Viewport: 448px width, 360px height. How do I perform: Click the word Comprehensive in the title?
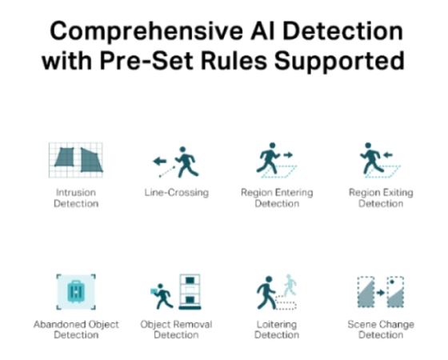pos(146,32)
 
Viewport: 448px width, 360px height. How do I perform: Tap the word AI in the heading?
pos(262,31)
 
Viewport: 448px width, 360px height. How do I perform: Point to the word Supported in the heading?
pos(339,62)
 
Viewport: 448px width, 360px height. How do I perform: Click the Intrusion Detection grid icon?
pos(76,160)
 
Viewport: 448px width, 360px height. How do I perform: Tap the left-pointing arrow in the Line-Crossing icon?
pos(160,161)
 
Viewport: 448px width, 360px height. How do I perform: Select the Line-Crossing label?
pos(177,193)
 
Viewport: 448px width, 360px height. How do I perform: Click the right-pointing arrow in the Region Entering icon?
pos(288,155)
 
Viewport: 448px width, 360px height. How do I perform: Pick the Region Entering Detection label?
pos(277,198)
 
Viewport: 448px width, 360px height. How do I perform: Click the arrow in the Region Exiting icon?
pos(388,155)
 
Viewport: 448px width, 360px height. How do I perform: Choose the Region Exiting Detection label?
pos(381,198)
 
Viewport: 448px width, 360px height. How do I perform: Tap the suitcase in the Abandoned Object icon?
pos(76,292)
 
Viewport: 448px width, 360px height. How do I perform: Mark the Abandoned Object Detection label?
pos(76,330)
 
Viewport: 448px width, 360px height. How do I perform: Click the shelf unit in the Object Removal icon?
pos(190,292)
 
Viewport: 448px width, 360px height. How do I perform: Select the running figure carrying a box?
pos(162,296)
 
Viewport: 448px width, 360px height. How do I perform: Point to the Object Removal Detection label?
pos(176,330)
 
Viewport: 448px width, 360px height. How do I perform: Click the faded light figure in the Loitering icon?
pos(290,285)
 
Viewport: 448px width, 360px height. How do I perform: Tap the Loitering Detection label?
pos(277,330)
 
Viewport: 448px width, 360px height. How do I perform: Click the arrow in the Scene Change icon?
pos(380,293)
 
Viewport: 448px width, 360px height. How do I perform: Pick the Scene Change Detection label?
pos(381,330)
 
